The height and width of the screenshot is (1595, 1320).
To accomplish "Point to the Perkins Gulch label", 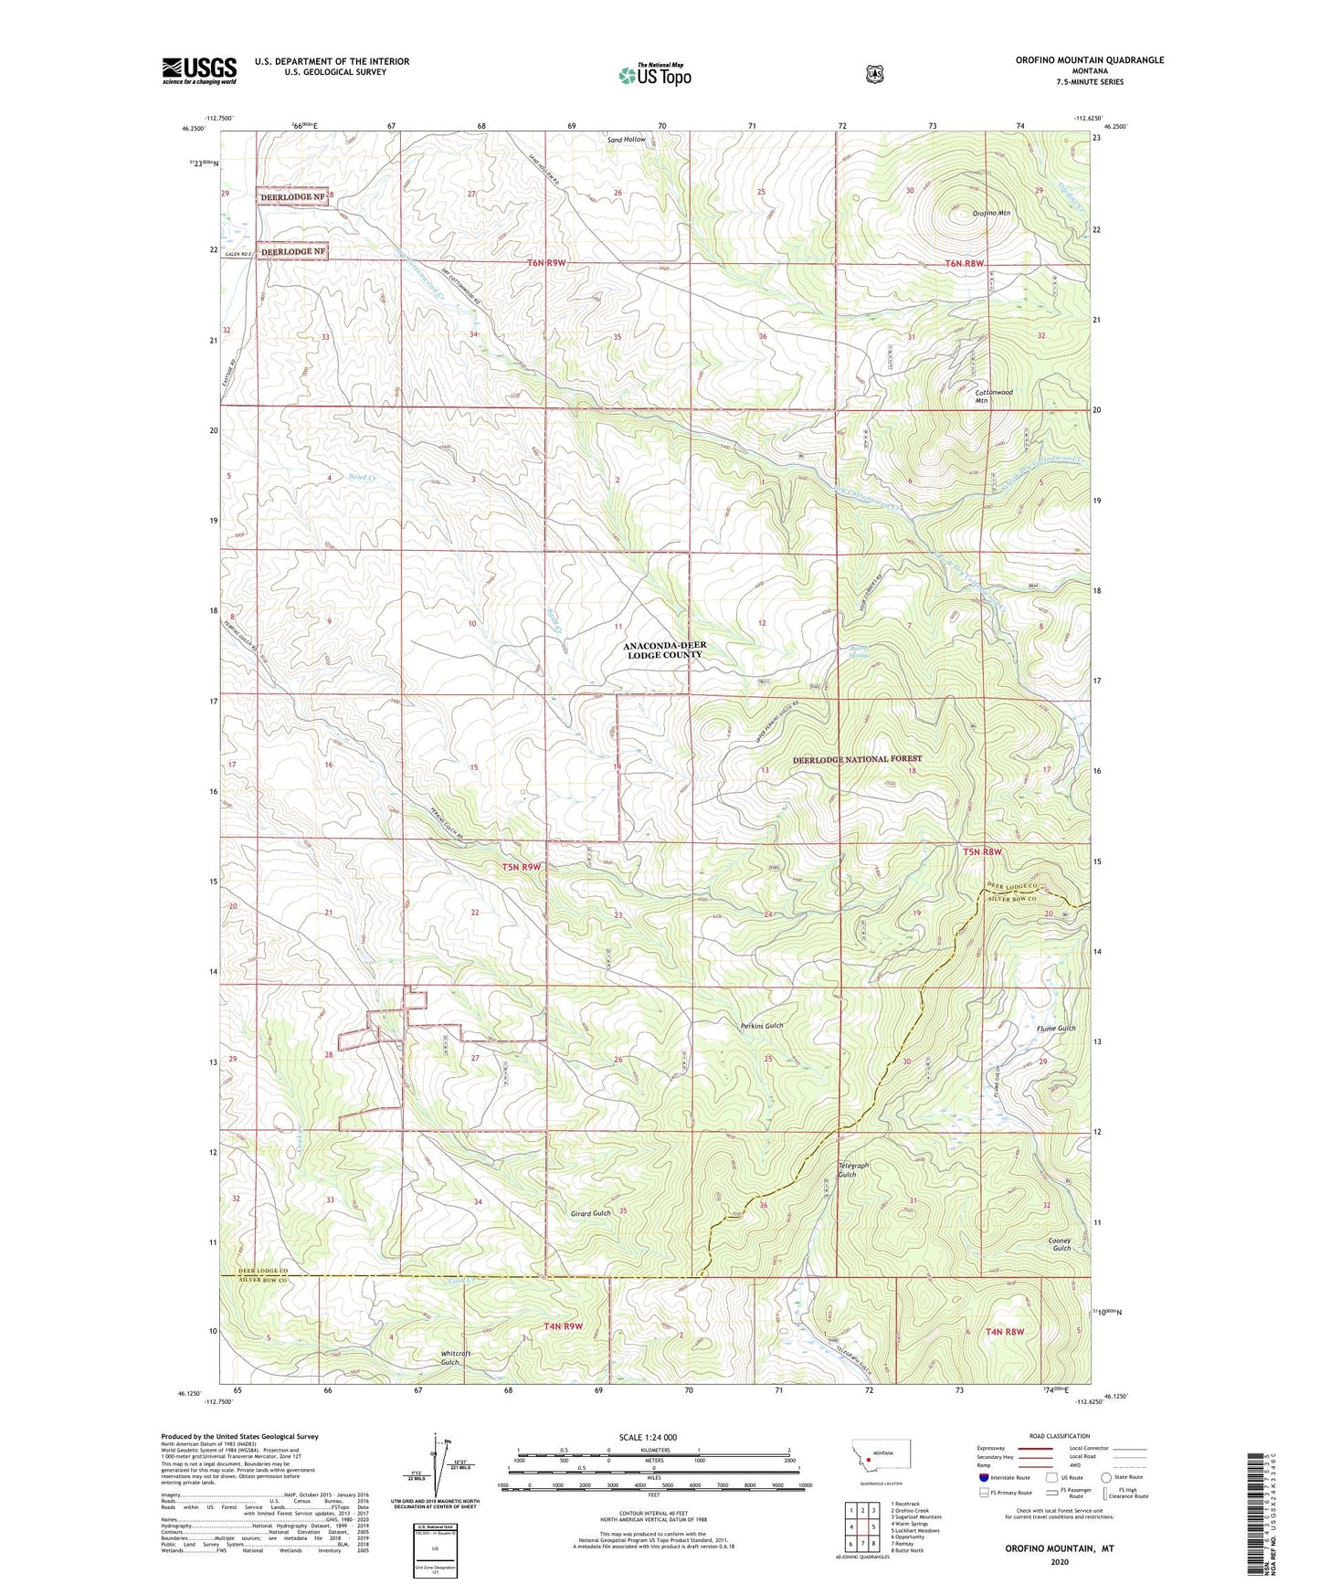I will pos(762,1026).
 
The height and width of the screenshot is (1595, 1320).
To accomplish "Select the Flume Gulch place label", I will pos(1056,1029).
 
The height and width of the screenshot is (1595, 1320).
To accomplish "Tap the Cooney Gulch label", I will pos(1060,1244).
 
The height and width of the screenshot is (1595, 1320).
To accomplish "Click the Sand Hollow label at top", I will pos(627,140).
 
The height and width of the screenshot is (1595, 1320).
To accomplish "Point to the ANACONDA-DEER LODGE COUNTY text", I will pos(664,650).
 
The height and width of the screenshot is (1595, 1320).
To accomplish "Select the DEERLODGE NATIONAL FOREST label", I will pos(857,759).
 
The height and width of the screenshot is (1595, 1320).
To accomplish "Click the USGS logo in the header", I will pos(199,70).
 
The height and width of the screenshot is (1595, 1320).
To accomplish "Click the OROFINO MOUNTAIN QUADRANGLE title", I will pos(1089,60).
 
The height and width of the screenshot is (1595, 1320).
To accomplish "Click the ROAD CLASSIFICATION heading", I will pos(1059,1436).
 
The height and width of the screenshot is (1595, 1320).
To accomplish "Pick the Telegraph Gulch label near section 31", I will pos(847,1170).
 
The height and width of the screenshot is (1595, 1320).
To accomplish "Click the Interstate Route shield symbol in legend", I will pos(983,1476).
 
